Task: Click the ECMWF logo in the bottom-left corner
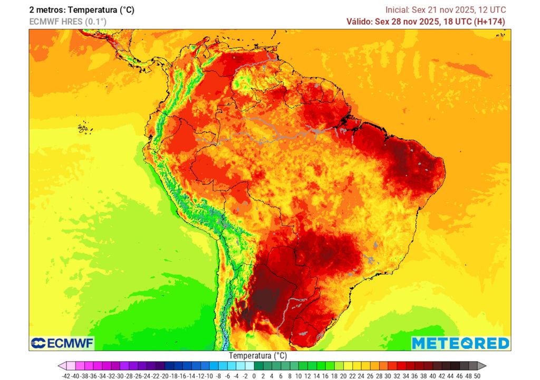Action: (62, 343)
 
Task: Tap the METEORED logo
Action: (460, 343)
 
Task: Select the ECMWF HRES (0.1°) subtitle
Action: (67, 22)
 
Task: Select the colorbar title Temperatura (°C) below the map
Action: (258, 356)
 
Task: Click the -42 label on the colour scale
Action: (66, 375)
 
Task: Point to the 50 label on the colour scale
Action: (477, 375)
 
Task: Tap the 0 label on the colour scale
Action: (254, 375)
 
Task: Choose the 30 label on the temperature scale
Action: (388, 375)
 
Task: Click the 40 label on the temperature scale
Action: (432, 375)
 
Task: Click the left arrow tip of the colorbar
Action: (62, 366)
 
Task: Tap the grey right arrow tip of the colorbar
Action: (482, 366)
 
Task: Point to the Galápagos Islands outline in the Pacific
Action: (82, 128)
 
